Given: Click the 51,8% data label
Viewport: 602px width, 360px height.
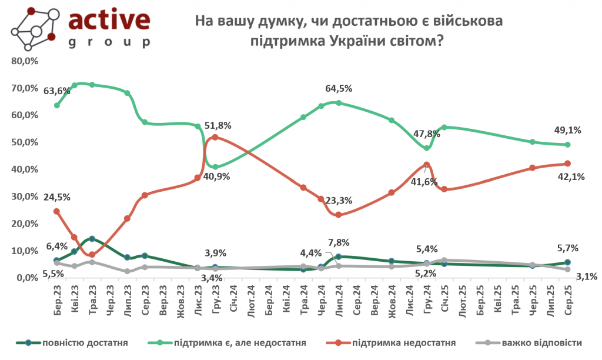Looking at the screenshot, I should click(218, 125).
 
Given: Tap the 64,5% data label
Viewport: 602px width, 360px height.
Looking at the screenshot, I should click(339, 89).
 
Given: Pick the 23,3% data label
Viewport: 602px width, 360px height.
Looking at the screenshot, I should click(339, 201).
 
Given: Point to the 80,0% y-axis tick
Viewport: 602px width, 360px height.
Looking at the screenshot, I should click(24, 61).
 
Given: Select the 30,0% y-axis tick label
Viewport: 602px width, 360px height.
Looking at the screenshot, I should click(24, 196).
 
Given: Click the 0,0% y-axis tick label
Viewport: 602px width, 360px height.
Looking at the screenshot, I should click(26, 278).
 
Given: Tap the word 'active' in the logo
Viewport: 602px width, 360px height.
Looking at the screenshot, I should click(109, 19).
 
